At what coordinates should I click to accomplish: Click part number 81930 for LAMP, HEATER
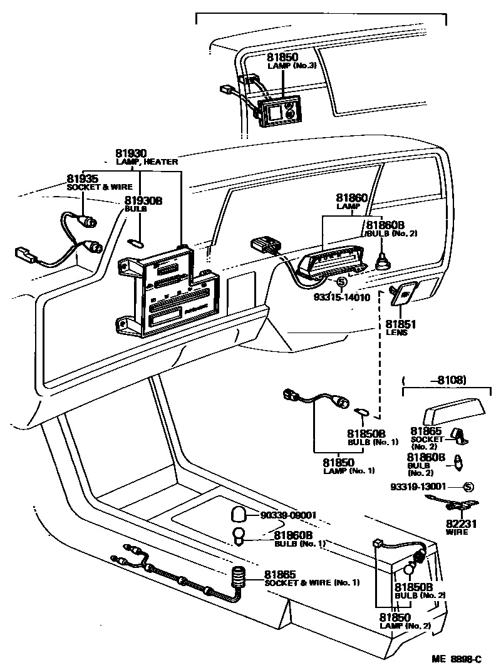point(130,153)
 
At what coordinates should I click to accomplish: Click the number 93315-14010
point(341,297)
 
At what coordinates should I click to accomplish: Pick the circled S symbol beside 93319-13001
point(468,487)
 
